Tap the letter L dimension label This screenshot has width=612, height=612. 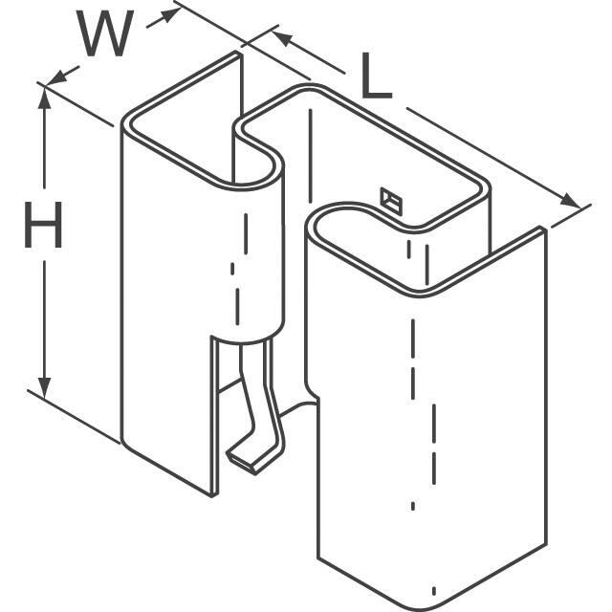click(376, 79)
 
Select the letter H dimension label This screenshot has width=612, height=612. click(43, 230)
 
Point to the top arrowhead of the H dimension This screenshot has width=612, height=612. click(43, 92)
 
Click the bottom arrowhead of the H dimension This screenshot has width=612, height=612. click(43, 386)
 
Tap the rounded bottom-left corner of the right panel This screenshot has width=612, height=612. click(325, 559)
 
